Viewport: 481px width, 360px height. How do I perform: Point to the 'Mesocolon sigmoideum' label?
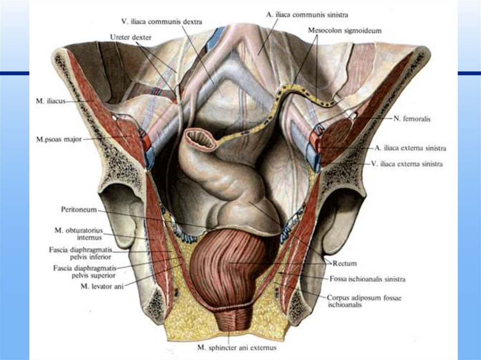(x=345, y=30)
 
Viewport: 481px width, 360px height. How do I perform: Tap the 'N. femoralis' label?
(x=412, y=119)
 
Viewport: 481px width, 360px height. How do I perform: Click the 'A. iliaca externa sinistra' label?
(x=410, y=148)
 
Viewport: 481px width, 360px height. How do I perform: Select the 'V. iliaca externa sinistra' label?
(x=406, y=164)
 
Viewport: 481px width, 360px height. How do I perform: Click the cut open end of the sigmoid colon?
(x=201, y=140)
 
